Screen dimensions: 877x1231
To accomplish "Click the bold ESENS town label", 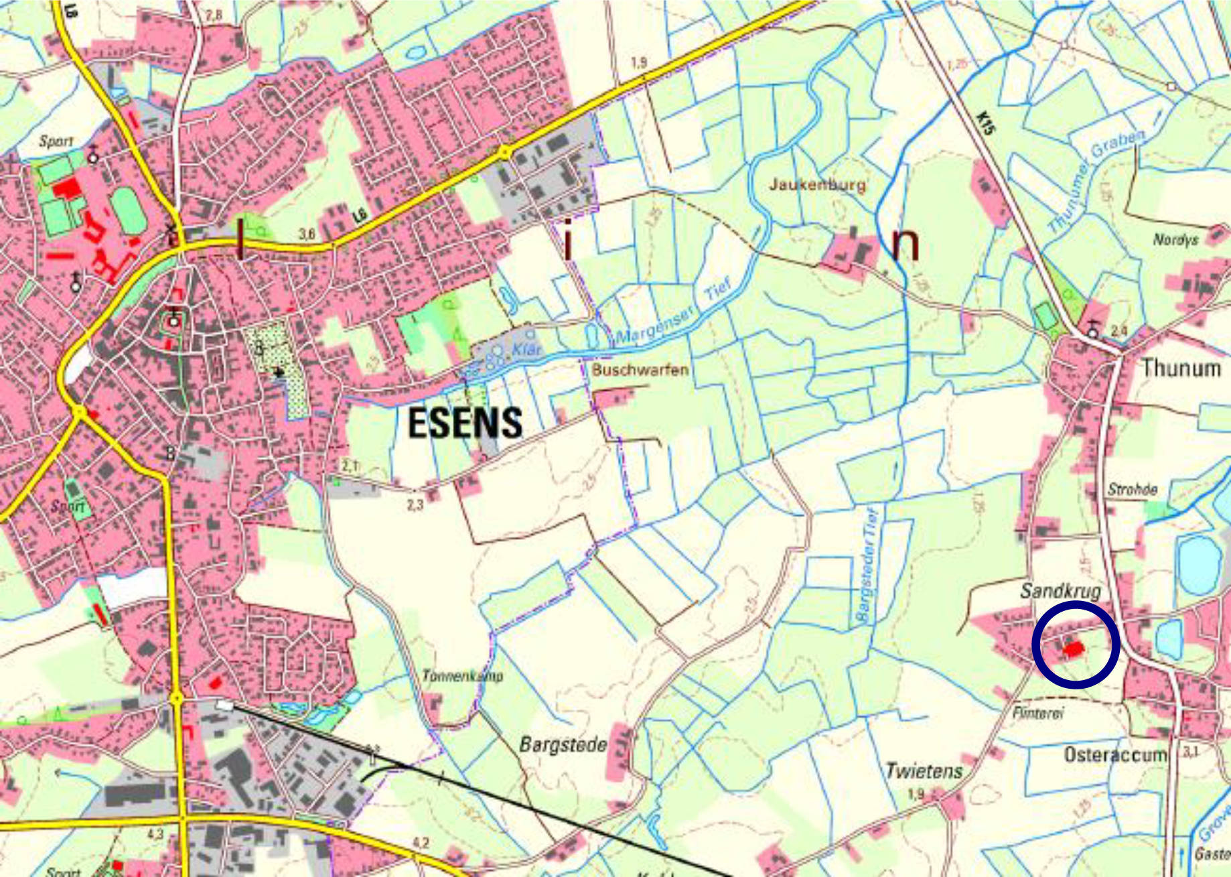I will (465, 423).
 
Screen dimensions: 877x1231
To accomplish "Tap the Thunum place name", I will (1181, 368).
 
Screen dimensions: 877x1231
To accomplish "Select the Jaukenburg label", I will (817, 184).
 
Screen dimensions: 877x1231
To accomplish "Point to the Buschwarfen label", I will (640, 370).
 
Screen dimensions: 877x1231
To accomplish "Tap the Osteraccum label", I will (1115, 755).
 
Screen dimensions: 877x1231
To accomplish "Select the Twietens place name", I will (924, 771).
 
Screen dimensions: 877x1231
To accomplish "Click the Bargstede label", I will (563, 745).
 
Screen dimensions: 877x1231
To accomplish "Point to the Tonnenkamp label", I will (462, 675).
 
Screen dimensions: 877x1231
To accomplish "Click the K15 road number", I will (983, 124).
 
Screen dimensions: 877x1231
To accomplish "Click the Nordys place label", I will (1175, 239).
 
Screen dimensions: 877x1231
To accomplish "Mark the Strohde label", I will (1132, 489).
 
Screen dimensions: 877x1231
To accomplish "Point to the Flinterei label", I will (1037, 713).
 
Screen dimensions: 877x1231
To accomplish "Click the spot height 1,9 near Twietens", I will (916, 794).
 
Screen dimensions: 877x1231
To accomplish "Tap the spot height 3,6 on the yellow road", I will (307, 234).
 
